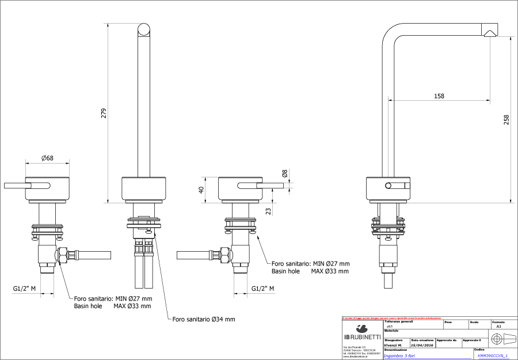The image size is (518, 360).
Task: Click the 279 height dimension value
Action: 104,113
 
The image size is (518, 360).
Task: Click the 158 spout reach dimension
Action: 439,96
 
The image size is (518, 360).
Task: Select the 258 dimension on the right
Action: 506,119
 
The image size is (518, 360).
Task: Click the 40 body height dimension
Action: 201,190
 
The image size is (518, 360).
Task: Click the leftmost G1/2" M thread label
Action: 25,288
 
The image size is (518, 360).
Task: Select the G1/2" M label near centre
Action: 262,288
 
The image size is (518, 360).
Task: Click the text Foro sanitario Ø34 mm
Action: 203,319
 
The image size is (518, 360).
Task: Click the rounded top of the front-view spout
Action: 144,30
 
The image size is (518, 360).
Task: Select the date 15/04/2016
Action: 422,346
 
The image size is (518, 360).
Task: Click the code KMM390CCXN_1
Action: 493,355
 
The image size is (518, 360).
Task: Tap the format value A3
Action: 498,327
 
